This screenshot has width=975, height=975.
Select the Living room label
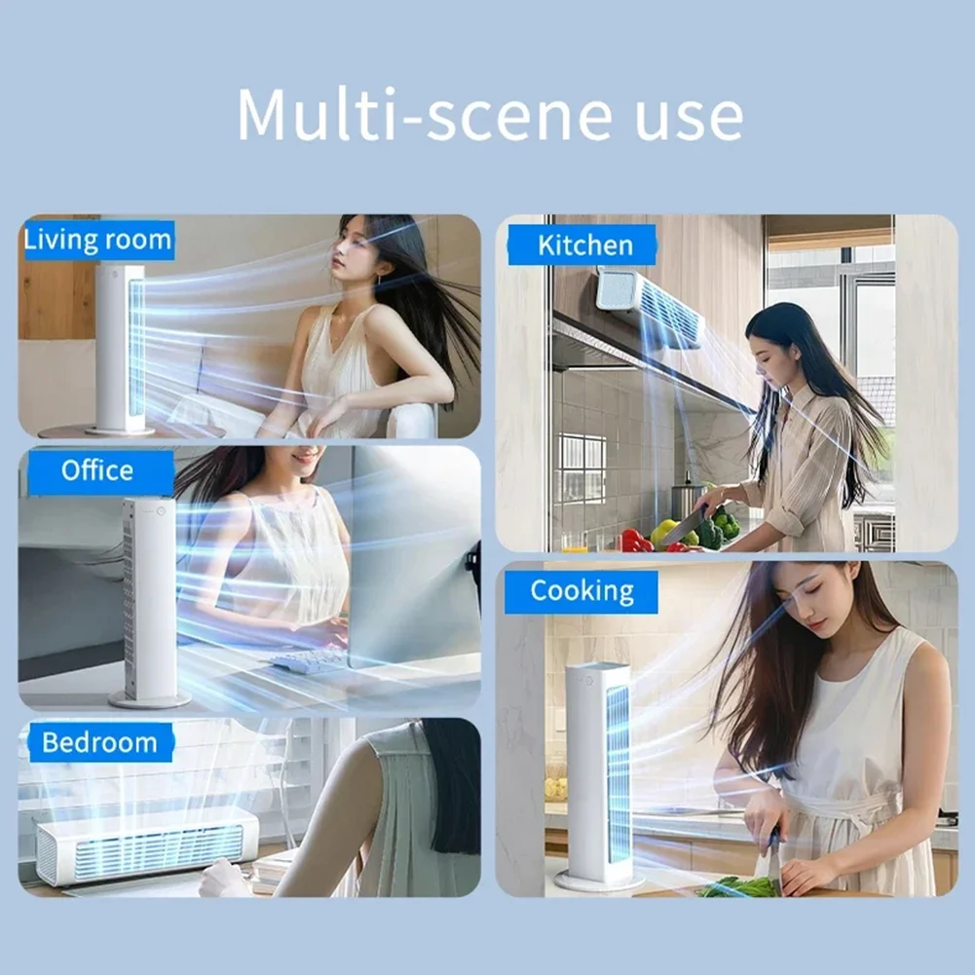coord(97,240)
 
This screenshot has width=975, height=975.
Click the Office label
coord(96,470)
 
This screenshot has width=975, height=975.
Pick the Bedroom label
coord(98,743)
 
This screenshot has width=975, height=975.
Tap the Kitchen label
coord(584,244)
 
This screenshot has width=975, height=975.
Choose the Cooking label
coord(581,591)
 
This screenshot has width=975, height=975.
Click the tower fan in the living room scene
coord(121,346)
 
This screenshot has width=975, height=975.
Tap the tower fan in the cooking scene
coord(599,769)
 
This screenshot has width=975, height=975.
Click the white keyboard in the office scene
coord(310,659)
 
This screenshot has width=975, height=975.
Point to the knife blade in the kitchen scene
coord(685,526)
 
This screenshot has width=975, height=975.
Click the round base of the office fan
coord(149,699)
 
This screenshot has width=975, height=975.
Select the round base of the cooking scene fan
coord(599,881)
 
